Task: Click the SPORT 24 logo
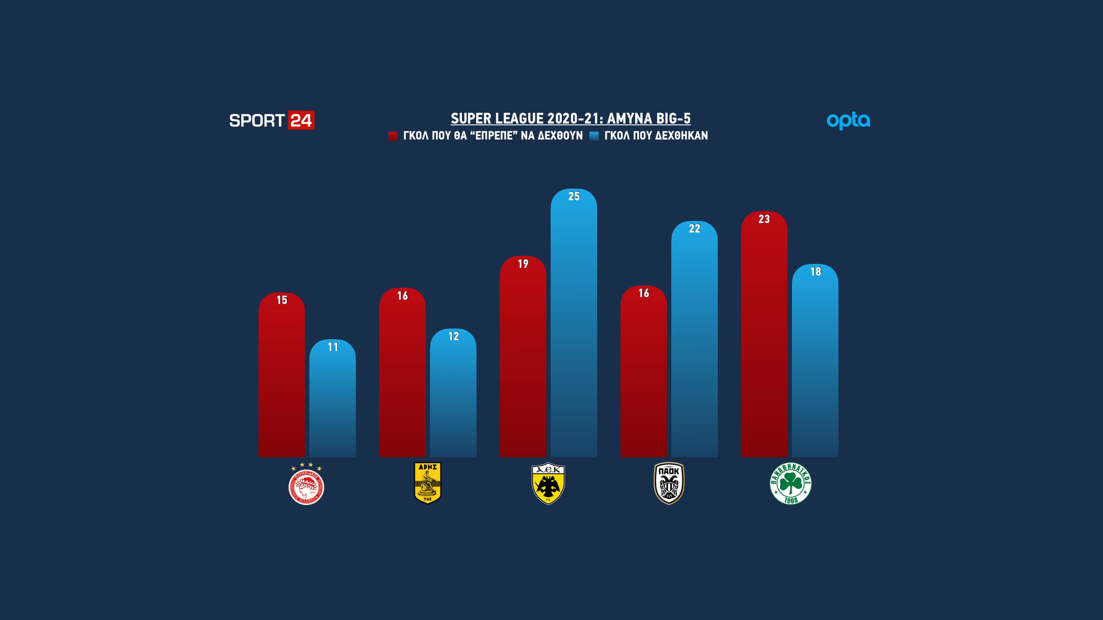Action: tap(271, 120)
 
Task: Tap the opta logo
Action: tap(848, 121)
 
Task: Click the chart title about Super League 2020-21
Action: tap(570, 118)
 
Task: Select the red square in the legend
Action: tap(393, 136)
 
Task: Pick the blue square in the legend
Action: tap(594, 136)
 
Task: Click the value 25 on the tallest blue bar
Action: tap(574, 196)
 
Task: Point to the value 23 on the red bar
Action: tap(764, 219)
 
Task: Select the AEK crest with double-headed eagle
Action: tap(548, 484)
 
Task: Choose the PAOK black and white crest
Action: tap(669, 483)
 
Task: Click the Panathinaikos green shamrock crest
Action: tap(791, 484)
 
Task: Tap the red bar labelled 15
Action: tap(281, 379)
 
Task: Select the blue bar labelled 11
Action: tap(333, 400)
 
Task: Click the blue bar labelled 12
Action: tap(453, 396)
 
